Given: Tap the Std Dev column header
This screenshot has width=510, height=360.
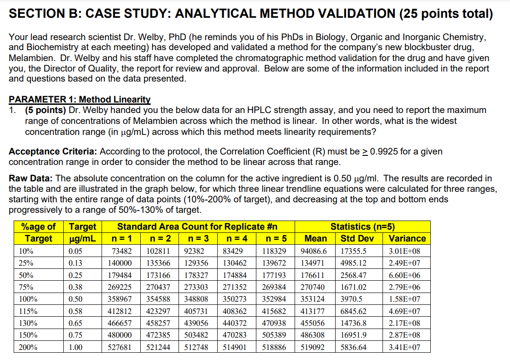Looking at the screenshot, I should tap(357, 238).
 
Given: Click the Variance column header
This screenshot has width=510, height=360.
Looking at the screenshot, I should tap(407, 238).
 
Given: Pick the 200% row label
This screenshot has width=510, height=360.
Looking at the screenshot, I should tap(28, 347).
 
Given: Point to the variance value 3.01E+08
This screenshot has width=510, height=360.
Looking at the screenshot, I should tap(404, 251).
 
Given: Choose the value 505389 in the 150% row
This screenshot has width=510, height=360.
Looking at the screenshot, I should tap(274, 335).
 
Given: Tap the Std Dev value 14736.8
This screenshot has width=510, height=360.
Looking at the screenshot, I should tap(353, 323).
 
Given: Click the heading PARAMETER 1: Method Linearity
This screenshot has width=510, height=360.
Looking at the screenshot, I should tap(80, 99).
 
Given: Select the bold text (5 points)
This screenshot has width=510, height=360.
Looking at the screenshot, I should tap(45, 110).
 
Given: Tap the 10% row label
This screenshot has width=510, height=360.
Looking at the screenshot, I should tap(26, 251).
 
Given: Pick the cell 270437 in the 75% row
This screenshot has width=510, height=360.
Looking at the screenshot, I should tap(159, 287).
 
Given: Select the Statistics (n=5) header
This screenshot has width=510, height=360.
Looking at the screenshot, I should tap(362, 226).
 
